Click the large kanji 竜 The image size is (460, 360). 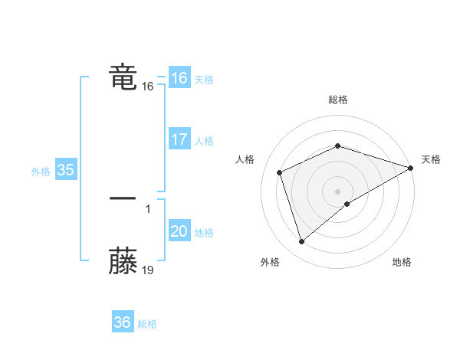click(123, 77)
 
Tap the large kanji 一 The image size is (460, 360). click(123, 198)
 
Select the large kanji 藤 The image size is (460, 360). click(123, 261)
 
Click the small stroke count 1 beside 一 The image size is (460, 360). click(148, 208)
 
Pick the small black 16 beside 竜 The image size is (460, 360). click(148, 87)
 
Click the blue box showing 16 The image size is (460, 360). click(179, 78)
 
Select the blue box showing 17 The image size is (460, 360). click(179, 139)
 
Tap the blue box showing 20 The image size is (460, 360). click(179, 231)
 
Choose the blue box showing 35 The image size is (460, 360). click(66, 171)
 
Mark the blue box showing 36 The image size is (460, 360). click(122, 322)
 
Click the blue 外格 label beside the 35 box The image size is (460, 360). click(41, 172)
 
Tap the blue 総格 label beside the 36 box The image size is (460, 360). click(147, 324)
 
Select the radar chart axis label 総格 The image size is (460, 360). click(338, 100)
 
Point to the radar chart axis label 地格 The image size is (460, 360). click(402, 263)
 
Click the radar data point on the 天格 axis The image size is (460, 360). click(411, 168)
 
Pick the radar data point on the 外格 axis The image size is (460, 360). click(301, 242)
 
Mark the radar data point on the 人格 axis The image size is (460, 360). click(280, 172)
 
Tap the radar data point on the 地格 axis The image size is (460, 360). click(347, 204)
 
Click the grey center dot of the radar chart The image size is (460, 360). click(338, 191)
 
